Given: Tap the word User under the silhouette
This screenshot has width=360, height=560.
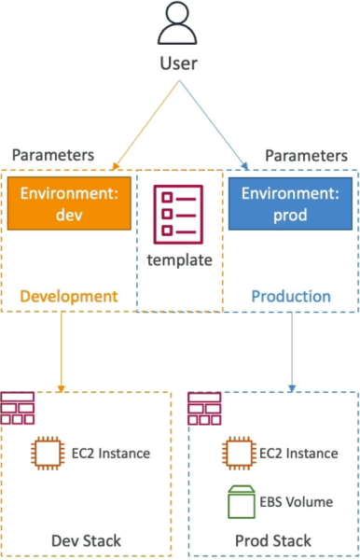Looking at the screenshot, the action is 178,63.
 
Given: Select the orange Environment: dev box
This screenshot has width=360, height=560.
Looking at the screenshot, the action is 69,203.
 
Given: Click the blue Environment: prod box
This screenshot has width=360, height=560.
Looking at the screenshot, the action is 290,203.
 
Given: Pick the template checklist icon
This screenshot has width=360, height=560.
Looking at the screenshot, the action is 178,215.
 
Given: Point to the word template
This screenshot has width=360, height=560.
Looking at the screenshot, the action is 179,260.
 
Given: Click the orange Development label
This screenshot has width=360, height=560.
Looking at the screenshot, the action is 69,297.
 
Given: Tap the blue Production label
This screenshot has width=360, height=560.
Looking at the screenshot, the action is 291,297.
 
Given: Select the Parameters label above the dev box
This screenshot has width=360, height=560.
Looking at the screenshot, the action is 53,155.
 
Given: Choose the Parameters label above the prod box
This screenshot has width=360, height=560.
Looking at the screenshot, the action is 306,156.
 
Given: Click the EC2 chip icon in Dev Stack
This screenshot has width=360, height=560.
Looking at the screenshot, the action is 48,453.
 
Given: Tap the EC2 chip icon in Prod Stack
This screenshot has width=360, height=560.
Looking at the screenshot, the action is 239,453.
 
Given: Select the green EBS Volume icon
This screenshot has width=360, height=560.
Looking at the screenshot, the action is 242,501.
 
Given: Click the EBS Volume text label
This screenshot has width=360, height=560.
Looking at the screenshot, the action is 297,502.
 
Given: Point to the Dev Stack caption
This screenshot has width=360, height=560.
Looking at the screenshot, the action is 86,540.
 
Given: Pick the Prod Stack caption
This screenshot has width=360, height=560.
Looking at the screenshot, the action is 273,540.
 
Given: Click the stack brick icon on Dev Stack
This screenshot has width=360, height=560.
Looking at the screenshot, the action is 18,408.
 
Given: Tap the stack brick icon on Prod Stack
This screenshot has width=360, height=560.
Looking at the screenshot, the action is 204,408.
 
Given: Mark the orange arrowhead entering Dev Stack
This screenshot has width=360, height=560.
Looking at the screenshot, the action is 61,389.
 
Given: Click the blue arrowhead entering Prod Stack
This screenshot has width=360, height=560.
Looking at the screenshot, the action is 292,388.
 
